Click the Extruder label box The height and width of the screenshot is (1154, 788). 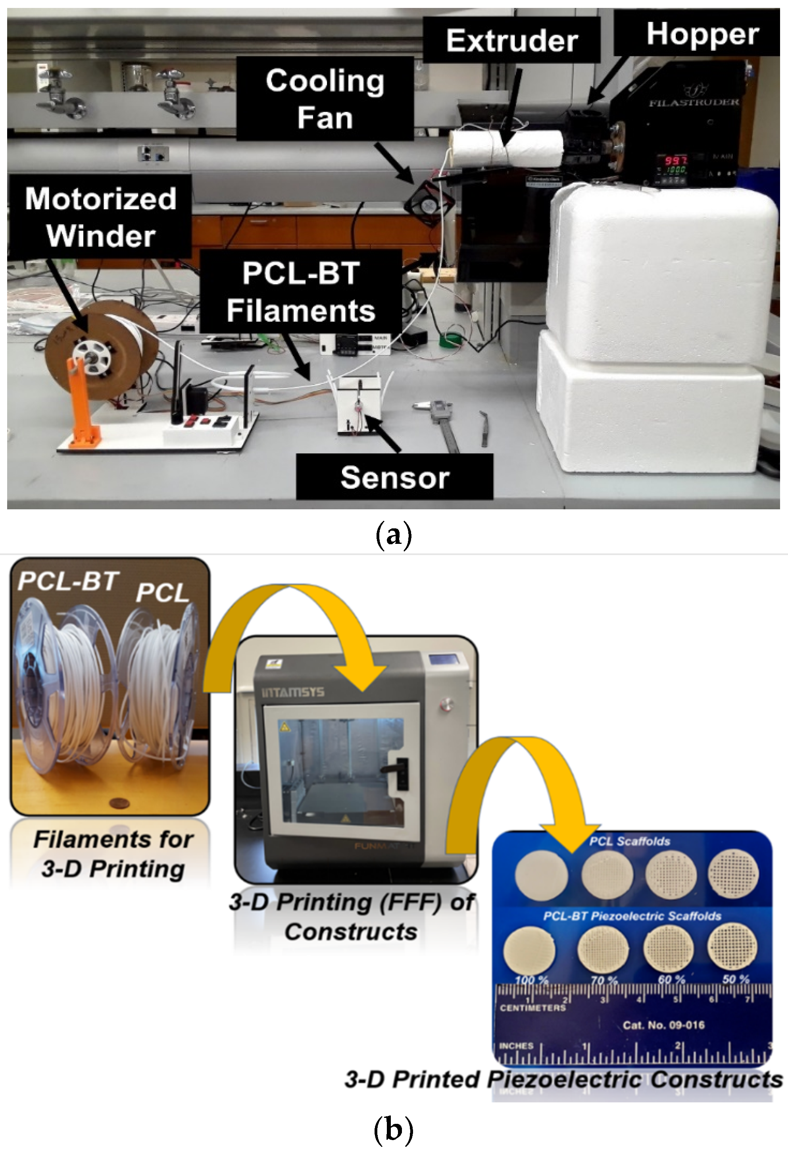[x=511, y=40]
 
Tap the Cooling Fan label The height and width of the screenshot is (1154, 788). [x=325, y=98]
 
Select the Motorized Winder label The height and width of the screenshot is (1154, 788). [x=100, y=216]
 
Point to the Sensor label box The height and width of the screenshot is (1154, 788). [x=394, y=477]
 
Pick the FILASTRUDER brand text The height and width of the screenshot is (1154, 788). [x=694, y=103]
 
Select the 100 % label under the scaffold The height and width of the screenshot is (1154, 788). [x=531, y=980]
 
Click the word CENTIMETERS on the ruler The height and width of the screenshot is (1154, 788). [x=532, y=1008]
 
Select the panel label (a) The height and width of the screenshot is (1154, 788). [x=394, y=535]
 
